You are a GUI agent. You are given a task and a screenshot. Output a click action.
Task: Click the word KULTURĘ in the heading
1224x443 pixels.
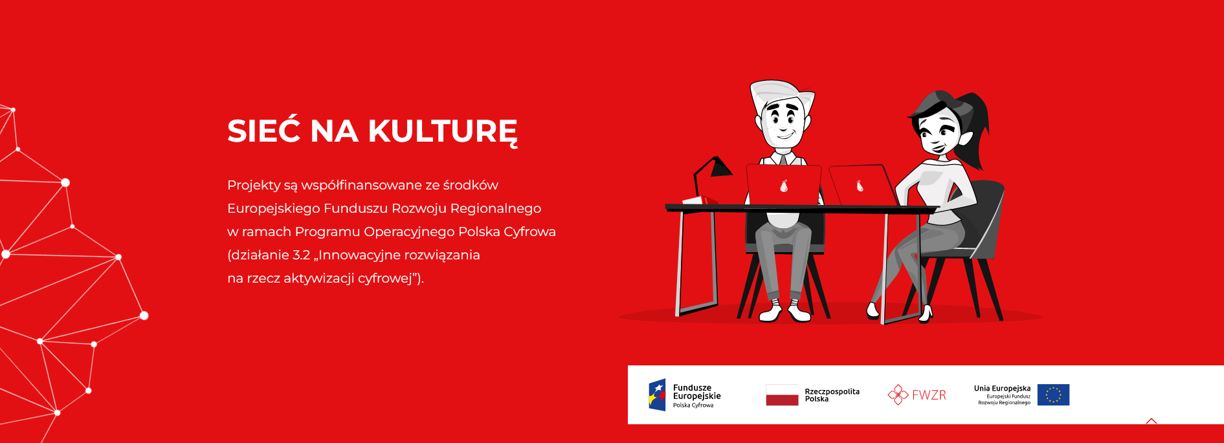coord(443,133)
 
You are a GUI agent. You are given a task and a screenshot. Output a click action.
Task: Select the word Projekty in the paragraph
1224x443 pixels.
coord(254,186)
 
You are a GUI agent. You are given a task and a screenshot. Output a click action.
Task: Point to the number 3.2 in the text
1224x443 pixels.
coord(301,255)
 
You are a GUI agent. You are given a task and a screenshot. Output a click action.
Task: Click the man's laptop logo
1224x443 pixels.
coord(784,186)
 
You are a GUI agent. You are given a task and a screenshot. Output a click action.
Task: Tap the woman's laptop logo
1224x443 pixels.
coord(860,186)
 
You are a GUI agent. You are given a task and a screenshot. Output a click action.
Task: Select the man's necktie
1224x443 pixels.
coord(783,158)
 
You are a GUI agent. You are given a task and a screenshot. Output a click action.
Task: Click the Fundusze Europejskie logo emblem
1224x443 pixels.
coord(657,395)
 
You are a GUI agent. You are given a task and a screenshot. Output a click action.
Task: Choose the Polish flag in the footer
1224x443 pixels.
coord(782,395)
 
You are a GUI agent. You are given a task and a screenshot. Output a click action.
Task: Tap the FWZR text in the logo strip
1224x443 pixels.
coord(929,395)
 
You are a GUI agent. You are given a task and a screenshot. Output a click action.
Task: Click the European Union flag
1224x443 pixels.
coord(1053,395)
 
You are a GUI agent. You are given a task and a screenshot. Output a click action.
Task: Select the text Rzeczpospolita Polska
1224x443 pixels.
coord(832,395)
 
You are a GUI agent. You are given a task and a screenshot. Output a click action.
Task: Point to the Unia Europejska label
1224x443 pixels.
coord(1002,389)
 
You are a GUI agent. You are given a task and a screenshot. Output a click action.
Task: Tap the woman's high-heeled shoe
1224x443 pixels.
coord(926,314)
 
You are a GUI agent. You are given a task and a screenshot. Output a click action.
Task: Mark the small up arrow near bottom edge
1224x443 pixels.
coord(1151,422)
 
